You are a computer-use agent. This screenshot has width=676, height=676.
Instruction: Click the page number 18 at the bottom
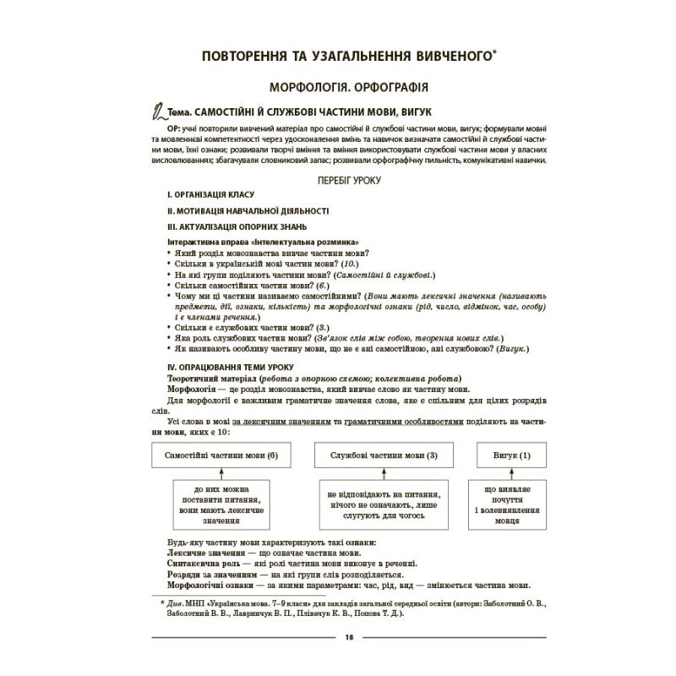337,637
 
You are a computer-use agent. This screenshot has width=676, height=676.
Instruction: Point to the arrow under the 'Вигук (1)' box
512,474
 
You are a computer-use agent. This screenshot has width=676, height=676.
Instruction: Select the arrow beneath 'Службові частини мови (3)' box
384,474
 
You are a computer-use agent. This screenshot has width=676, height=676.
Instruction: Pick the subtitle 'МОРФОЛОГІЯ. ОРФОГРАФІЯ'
346,86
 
